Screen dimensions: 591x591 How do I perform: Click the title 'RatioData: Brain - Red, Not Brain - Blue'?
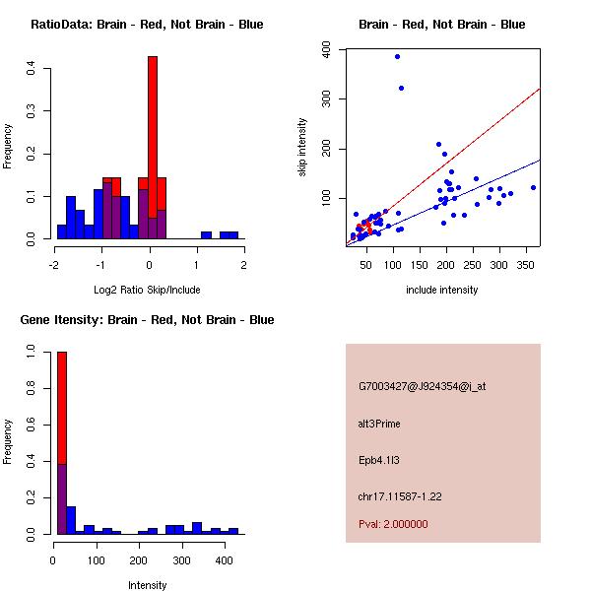click(x=147, y=25)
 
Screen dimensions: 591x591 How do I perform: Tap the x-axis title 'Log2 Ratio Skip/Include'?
click(x=147, y=290)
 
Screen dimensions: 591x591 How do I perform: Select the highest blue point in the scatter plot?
click(x=397, y=56)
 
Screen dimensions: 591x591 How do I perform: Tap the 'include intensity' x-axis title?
click(x=442, y=290)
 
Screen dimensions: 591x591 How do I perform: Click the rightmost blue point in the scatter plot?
click(x=533, y=187)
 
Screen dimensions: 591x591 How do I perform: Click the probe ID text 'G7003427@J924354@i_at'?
click(x=422, y=386)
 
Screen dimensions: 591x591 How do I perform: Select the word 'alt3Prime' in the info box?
click(x=379, y=424)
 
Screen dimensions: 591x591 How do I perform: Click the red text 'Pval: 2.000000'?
click(x=393, y=524)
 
